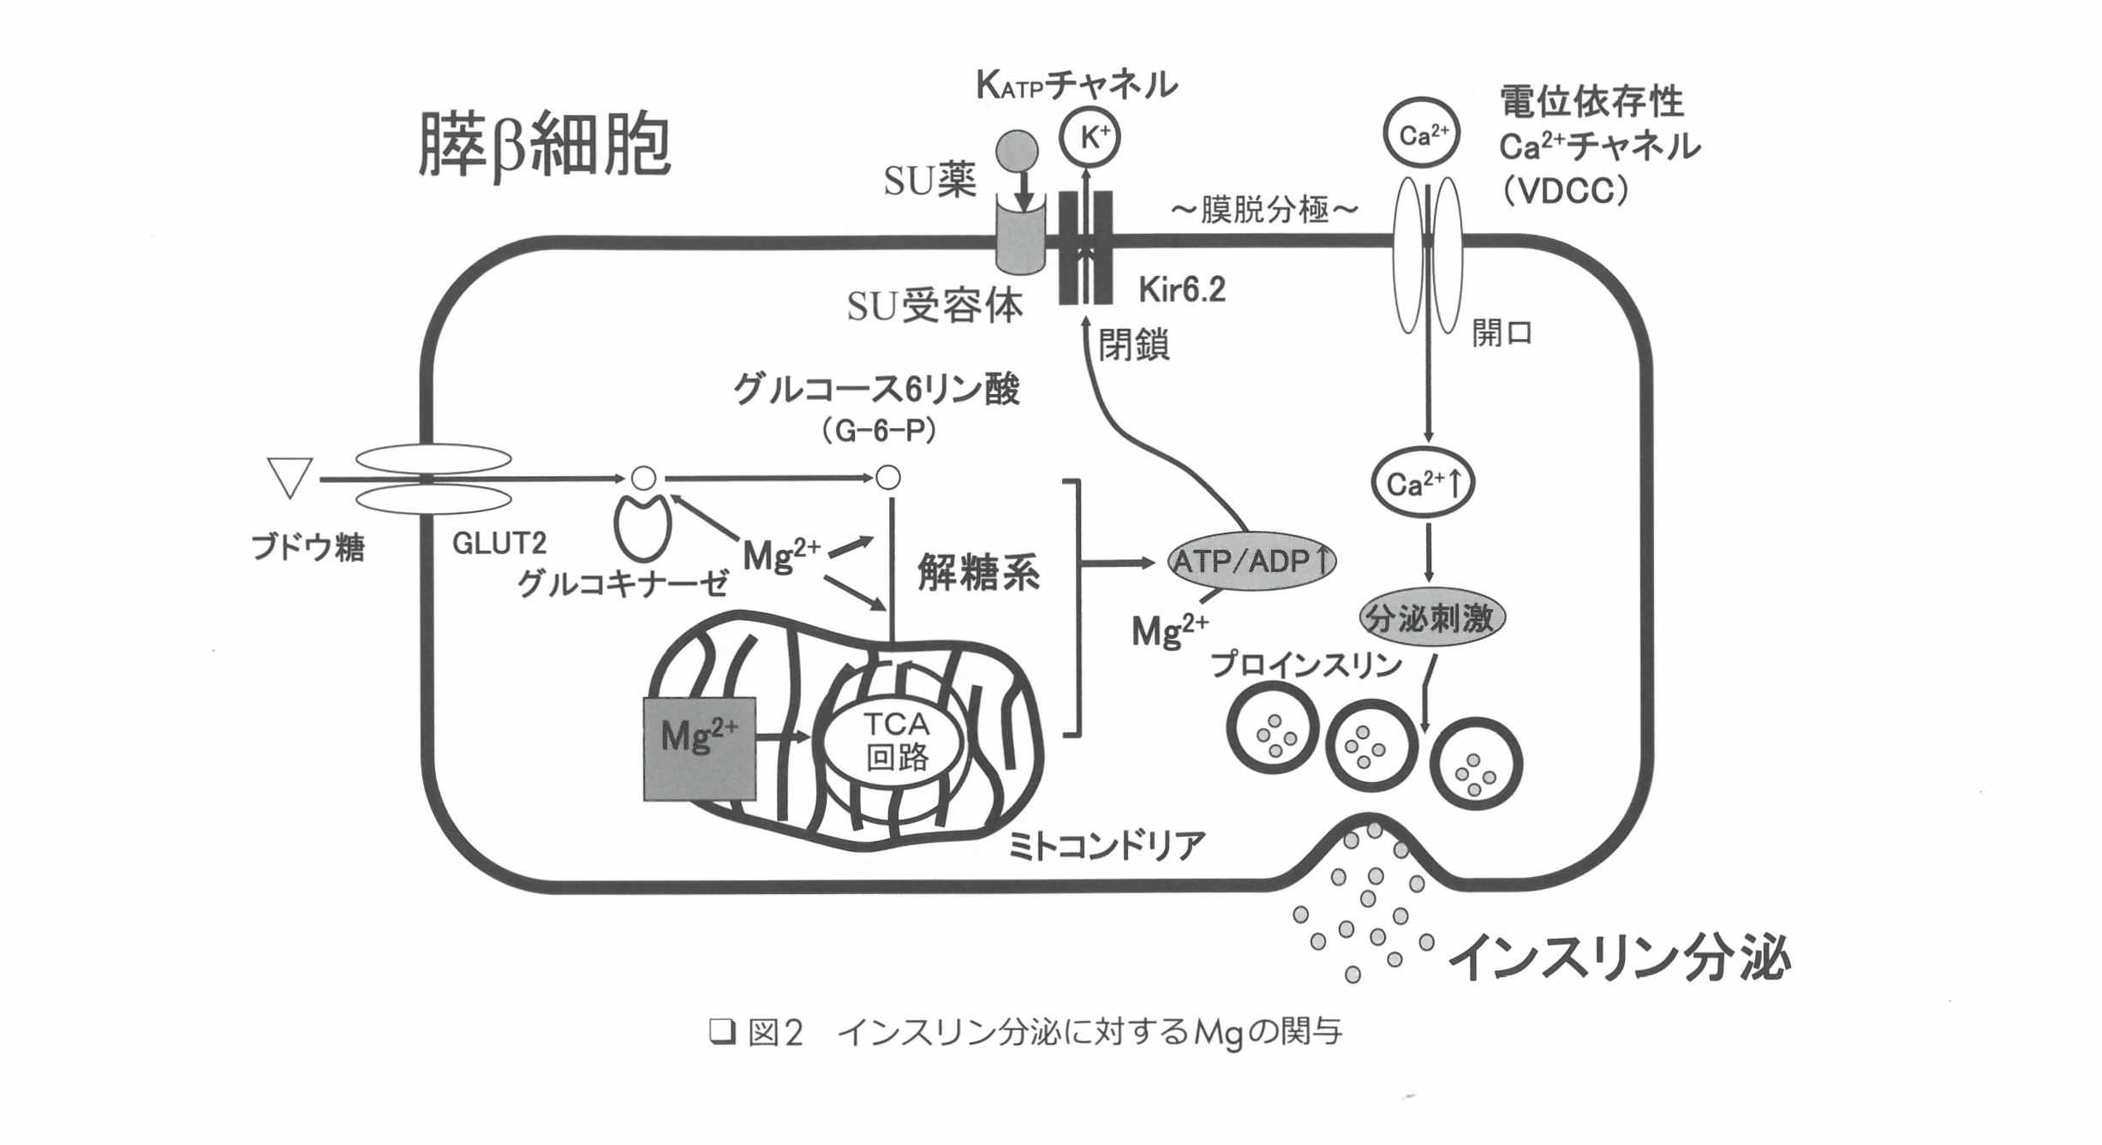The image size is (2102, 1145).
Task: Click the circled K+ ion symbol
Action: (x=1089, y=136)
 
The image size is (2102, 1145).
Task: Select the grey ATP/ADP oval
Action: (x=1251, y=561)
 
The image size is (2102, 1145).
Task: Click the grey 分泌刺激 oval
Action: (x=1432, y=617)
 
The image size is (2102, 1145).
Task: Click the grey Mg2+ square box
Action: (x=699, y=748)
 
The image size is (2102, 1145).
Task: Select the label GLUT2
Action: (x=499, y=543)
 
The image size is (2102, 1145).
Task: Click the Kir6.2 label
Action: (x=1182, y=291)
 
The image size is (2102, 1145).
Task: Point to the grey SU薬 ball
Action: (x=1017, y=152)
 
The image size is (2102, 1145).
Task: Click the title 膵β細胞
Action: (x=544, y=146)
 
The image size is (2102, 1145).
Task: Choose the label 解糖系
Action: (x=979, y=572)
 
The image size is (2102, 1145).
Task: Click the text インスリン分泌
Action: (x=1620, y=957)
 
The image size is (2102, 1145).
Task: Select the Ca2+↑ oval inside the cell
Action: (x=1423, y=483)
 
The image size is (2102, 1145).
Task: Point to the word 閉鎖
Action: (x=1133, y=345)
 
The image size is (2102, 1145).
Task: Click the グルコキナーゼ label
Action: (x=623, y=585)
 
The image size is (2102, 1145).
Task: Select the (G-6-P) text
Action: (x=878, y=431)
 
